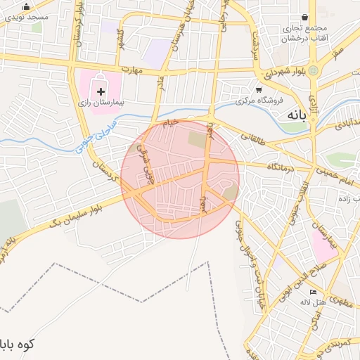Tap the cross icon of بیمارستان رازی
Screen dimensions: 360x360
pyautogui.click(x=102, y=91)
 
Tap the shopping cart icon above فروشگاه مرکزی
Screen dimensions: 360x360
pyautogui.click(x=259, y=90)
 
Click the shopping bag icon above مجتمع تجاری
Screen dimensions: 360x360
pyautogui.click(x=304, y=18)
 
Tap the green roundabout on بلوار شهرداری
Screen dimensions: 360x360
pyautogui.click(x=313, y=71)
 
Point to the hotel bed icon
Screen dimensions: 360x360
pyautogui.click(x=313, y=292)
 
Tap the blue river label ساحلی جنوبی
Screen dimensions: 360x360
pyautogui.click(x=87, y=136)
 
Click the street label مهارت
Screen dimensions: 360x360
pyautogui.click(x=131, y=70)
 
